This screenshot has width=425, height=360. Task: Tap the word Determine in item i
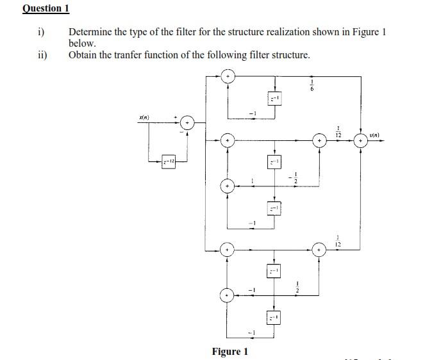(90, 32)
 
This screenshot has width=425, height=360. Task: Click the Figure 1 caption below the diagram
(229, 351)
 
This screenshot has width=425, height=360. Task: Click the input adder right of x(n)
(187, 122)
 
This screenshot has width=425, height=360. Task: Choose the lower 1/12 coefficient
(338, 240)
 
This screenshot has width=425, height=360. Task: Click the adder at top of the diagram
(228, 77)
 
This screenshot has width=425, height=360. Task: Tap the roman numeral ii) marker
(40, 55)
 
